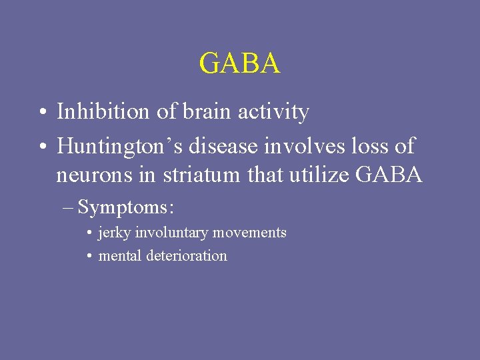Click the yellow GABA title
(x=239, y=64)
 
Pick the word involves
(x=289, y=145)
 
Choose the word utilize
(x=322, y=175)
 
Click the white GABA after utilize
(x=390, y=175)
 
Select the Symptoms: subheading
(x=126, y=207)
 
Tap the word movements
(x=251, y=233)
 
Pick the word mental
(x=119, y=255)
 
